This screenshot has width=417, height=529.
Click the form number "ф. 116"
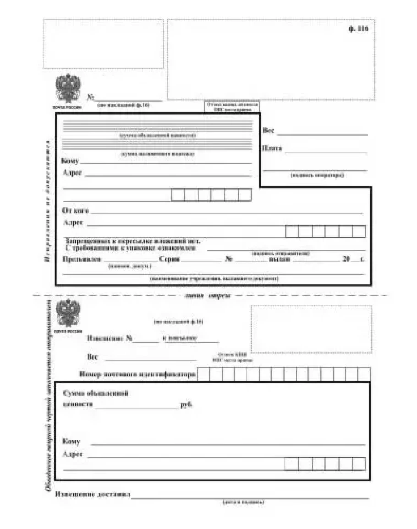click(x=358, y=28)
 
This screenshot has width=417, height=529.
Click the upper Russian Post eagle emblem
click(x=68, y=88)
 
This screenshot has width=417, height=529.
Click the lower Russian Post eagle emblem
click(x=68, y=313)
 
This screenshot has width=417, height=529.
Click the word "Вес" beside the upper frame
click(x=269, y=131)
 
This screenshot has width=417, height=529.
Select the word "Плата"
click(x=272, y=148)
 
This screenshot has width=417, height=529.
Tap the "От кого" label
click(x=75, y=211)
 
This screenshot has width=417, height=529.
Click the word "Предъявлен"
click(x=82, y=259)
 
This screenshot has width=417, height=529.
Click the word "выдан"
click(x=280, y=259)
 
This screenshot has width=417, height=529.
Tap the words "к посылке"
click(x=180, y=338)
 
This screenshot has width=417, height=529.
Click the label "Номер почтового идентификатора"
click(x=137, y=375)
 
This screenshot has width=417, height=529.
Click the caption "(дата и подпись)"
click(x=243, y=502)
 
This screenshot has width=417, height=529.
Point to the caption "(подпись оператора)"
click(x=317, y=175)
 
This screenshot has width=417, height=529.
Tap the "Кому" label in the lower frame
click(x=71, y=442)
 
